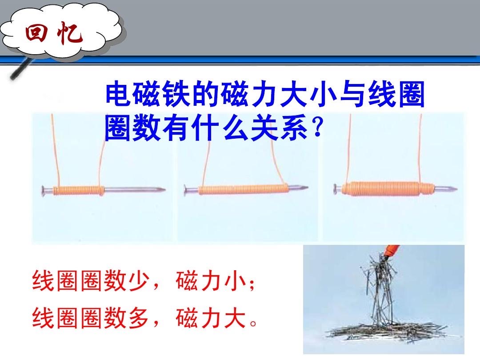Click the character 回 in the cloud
[x=36, y=33]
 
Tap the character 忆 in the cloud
[x=70, y=32]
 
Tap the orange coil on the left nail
[x=78, y=190]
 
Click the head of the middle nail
[x=186, y=190]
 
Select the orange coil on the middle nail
[x=244, y=189]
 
